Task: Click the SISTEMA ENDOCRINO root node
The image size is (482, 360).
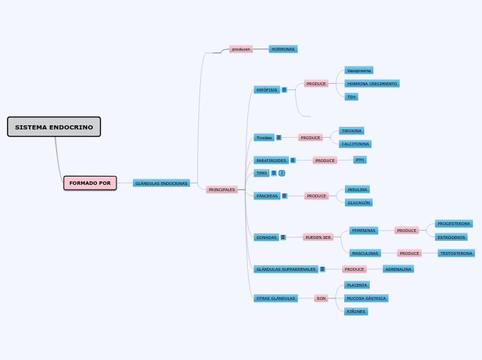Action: pos(54,127)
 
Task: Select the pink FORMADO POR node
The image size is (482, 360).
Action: pos(90,183)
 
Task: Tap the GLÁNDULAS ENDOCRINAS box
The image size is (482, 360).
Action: pos(161,183)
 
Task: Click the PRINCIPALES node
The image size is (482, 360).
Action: pos(222,190)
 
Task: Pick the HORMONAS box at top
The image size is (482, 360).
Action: pos(283,49)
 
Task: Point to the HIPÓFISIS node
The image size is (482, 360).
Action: pos(267,90)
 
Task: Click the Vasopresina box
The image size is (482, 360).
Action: pos(359,71)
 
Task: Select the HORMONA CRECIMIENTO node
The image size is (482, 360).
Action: pos(372,84)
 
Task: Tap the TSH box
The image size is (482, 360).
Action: pos(351,97)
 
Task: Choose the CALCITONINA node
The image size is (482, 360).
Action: pos(355,144)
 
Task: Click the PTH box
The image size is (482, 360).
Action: pos(359,160)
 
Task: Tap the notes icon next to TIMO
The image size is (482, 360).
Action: pos(274,173)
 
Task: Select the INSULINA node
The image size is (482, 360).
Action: pos(357,190)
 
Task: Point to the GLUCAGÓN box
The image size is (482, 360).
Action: pos(359,203)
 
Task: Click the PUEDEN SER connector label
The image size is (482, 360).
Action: pos(318,237)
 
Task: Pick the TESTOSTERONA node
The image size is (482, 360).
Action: pos(456,253)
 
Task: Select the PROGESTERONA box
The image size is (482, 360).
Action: pos(454,224)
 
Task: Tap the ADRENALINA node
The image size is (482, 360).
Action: pos(398,269)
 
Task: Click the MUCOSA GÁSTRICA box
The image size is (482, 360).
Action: pos(366,298)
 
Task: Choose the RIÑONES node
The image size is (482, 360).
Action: pos(356,312)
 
